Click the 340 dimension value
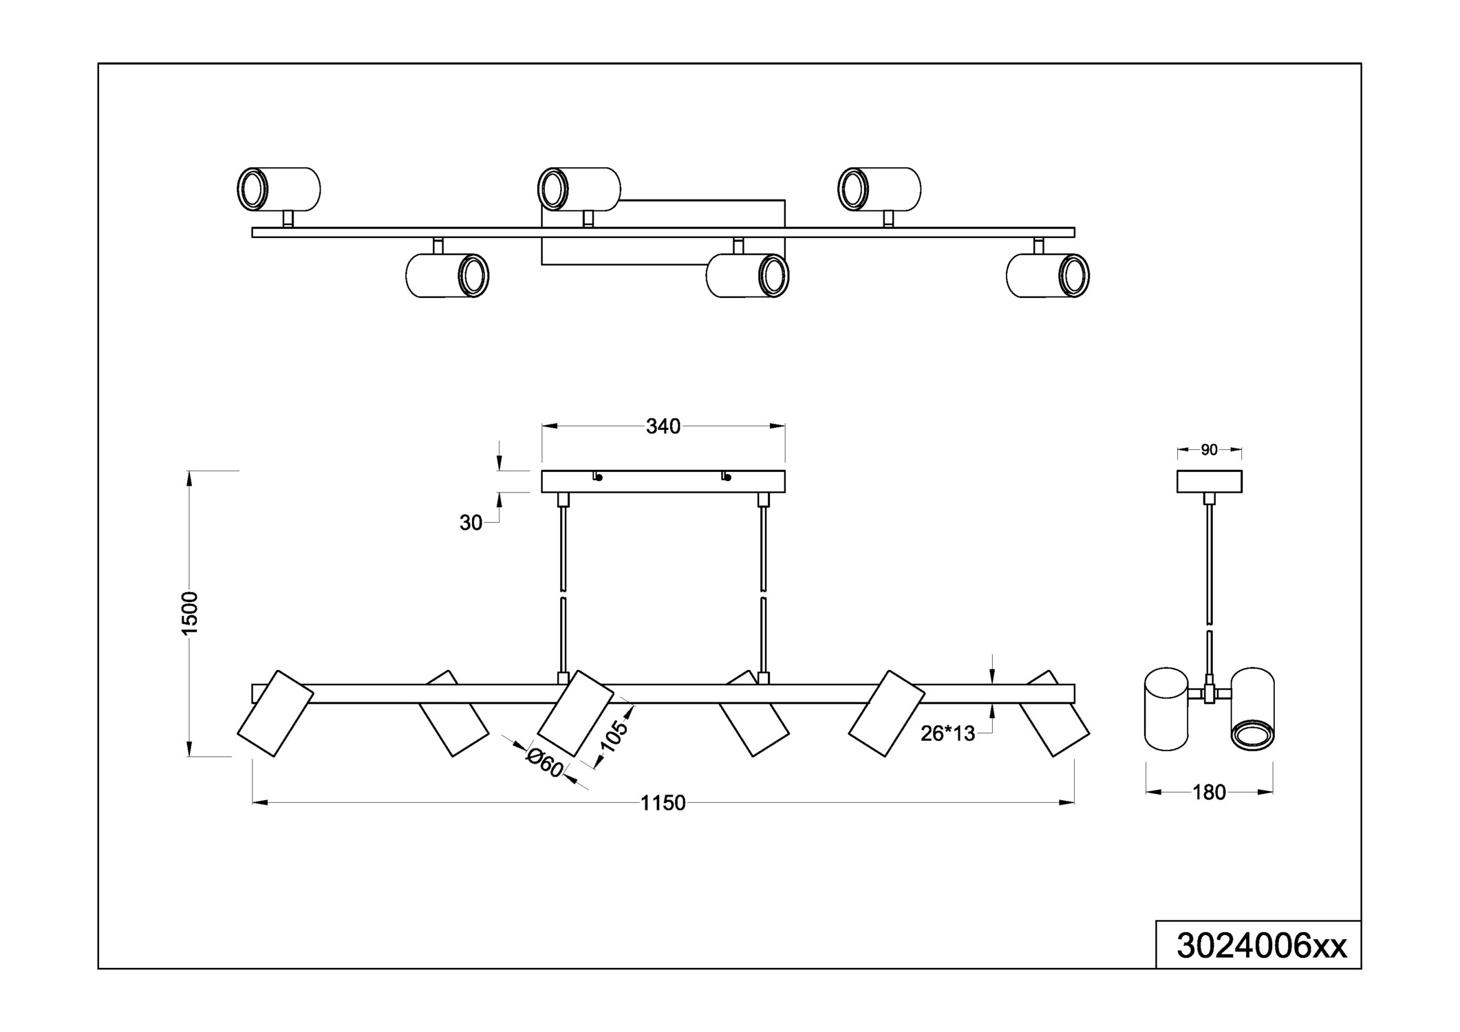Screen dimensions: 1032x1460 coord(663,427)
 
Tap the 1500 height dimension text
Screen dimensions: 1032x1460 coord(189,612)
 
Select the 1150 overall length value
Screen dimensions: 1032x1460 coord(663,803)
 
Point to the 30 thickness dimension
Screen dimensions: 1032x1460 coord(471,523)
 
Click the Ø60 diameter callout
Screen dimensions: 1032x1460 coord(545,763)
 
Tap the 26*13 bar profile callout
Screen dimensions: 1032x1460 coord(947,734)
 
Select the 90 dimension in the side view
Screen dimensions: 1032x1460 coord(1209,450)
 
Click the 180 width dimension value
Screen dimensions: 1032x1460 coord(1209,793)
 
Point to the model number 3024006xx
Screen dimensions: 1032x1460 coord(1261,946)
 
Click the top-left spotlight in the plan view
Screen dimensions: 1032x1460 coord(279,189)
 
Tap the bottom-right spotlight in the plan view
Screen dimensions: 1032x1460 coord(1047,276)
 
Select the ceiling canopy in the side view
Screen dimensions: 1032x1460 coord(1209,482)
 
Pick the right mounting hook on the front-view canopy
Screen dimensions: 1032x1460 coord(726,476)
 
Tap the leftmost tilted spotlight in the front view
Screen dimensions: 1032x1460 coord(275,713)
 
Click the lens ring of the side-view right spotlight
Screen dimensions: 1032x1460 coord(1252,735)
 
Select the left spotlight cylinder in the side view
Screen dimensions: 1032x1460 coord(1166,709)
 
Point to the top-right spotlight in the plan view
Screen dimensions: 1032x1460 coord(879,189)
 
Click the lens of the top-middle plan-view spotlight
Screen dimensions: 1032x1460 coord(552,189)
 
